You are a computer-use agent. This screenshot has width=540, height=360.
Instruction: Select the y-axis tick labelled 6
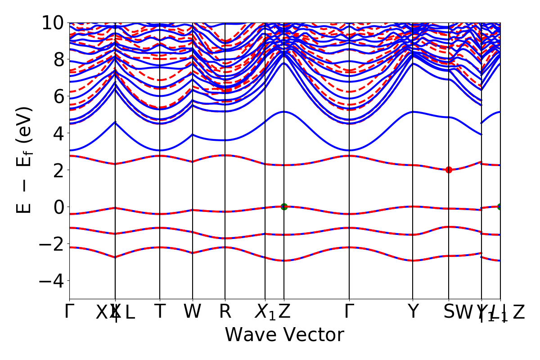58,96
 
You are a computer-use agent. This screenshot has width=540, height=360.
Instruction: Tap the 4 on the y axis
58,133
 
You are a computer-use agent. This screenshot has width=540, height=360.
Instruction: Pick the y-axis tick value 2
58,170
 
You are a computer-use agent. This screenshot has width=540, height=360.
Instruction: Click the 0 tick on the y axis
58,207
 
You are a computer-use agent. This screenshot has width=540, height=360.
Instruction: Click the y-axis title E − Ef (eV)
25,160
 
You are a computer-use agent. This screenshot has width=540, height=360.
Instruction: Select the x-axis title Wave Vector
284,335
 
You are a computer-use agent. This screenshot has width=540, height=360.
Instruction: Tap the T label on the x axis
160,312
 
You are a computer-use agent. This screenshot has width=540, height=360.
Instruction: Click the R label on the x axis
225,312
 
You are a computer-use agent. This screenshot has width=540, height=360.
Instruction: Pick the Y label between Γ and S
413,312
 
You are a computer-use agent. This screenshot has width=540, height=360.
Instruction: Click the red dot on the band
449,170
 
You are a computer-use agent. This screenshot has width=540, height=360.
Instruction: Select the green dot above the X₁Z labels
284,207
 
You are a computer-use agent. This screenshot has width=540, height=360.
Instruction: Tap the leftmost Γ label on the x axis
68,312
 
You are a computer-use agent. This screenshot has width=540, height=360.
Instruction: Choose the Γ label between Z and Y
349,312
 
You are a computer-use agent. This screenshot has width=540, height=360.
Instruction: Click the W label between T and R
193,312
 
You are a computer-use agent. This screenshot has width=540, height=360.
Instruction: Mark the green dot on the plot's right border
500,207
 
